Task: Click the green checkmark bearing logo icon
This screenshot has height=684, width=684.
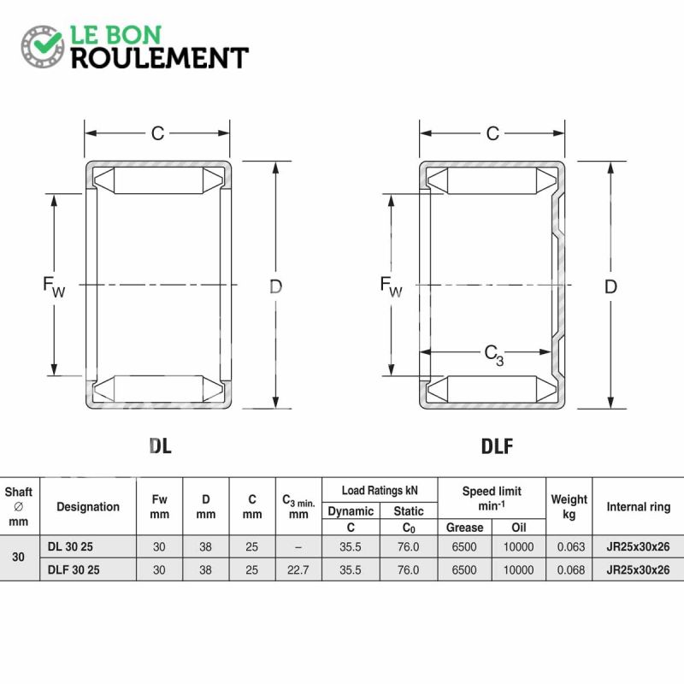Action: (x=43, y=47)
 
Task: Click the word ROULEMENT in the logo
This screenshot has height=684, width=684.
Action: (x=160, y=58)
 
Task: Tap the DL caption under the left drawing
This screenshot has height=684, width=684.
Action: (x=160, y=445)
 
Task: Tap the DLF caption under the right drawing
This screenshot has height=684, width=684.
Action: (x=497, y=445)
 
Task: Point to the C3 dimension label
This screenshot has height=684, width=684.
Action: (x=494, y=355)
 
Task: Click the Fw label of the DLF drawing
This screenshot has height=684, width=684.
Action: (x=391, y=286)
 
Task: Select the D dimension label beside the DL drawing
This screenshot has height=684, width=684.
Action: (x=275, y=286)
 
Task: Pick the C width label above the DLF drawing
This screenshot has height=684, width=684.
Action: (x=492, y=133)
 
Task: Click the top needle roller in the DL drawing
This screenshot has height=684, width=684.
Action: (x=158, y=180)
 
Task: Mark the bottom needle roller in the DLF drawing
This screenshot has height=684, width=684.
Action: (x=492, y=389)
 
